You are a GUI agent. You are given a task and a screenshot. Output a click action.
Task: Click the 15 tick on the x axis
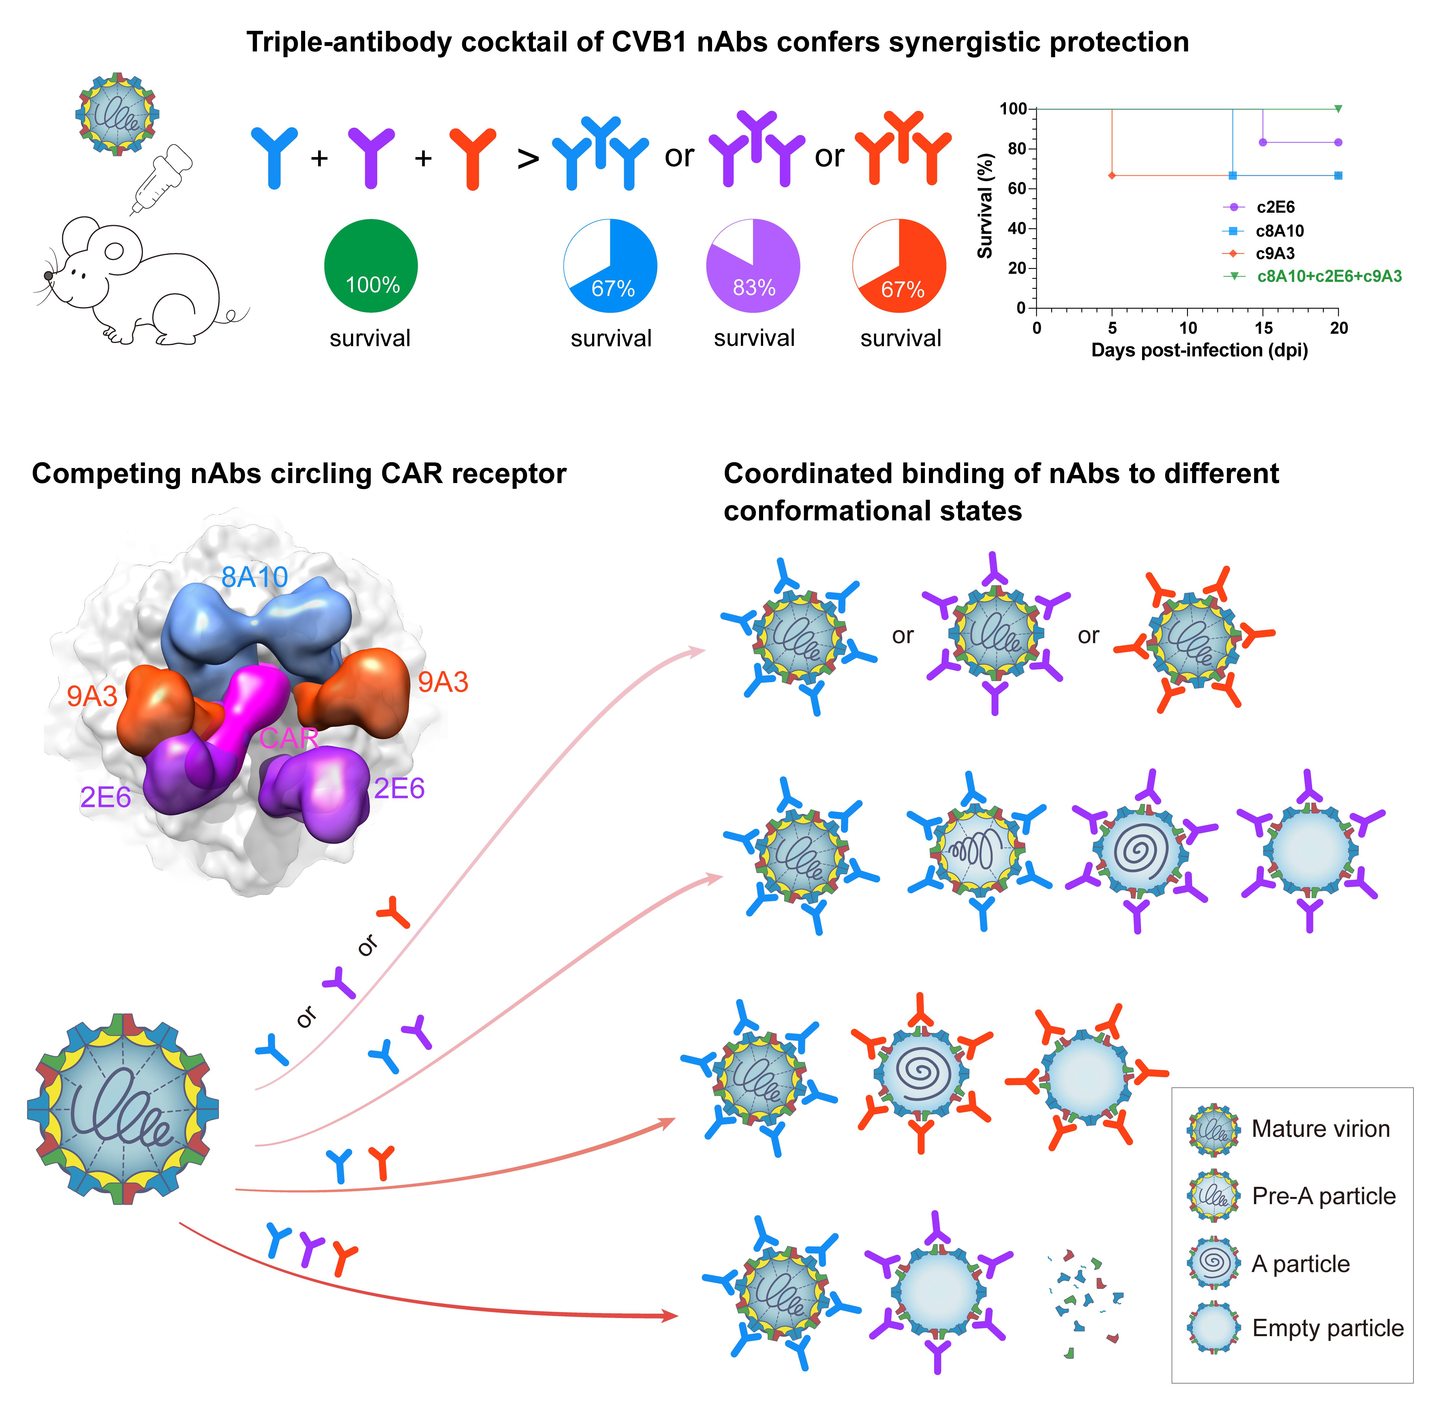1263,329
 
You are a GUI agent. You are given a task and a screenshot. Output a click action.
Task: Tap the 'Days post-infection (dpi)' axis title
1199,351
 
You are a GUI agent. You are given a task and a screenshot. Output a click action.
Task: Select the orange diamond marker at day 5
1112,175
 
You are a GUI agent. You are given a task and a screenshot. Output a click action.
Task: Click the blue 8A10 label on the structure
254,578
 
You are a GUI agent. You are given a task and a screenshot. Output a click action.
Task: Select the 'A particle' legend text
1300,1264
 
